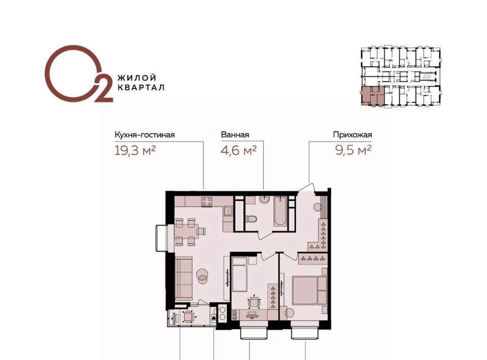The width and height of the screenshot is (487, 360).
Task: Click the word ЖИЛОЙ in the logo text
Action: click(x=136, y=78)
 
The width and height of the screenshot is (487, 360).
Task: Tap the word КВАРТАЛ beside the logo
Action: click(x=141, y=88)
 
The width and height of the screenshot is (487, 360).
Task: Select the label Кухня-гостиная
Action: click(x=145, y=135)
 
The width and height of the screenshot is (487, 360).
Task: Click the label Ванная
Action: click(x=235, y=135)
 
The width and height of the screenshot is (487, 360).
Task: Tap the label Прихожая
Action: click(x=353, y=135)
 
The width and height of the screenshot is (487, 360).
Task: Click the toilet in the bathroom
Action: click(x=251, y=220)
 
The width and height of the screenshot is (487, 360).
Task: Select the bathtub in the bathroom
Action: click(x=280, y=211)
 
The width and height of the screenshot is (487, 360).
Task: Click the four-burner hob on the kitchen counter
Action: click(x=207, y=202)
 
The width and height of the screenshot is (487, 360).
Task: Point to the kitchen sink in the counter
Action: click(x=228, y=211)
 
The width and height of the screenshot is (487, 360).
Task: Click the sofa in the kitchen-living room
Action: click(x=184, y=279)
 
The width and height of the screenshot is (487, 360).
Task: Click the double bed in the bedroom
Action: click(x=309, y=291)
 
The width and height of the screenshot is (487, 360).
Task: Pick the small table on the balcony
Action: click(x=189, y=317)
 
